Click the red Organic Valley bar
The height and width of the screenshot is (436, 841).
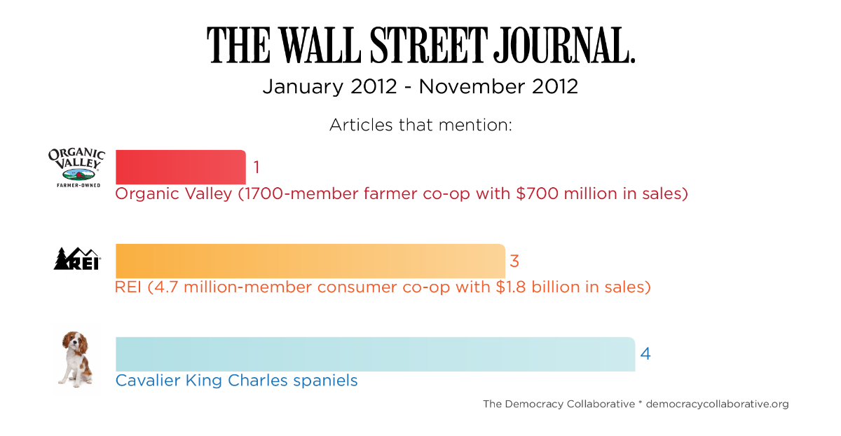180,167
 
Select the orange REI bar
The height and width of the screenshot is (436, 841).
310,261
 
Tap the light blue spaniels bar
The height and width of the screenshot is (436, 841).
375,354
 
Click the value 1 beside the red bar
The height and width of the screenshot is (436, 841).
257,168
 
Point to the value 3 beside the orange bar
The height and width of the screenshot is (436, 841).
514,261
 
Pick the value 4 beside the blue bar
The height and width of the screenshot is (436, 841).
645,354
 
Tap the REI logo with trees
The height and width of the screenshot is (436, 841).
77,259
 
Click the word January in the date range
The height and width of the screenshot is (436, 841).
303,87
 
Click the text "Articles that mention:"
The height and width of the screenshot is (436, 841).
421,125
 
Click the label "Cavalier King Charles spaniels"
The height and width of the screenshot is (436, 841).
236,381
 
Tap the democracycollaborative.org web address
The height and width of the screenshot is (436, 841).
717,404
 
